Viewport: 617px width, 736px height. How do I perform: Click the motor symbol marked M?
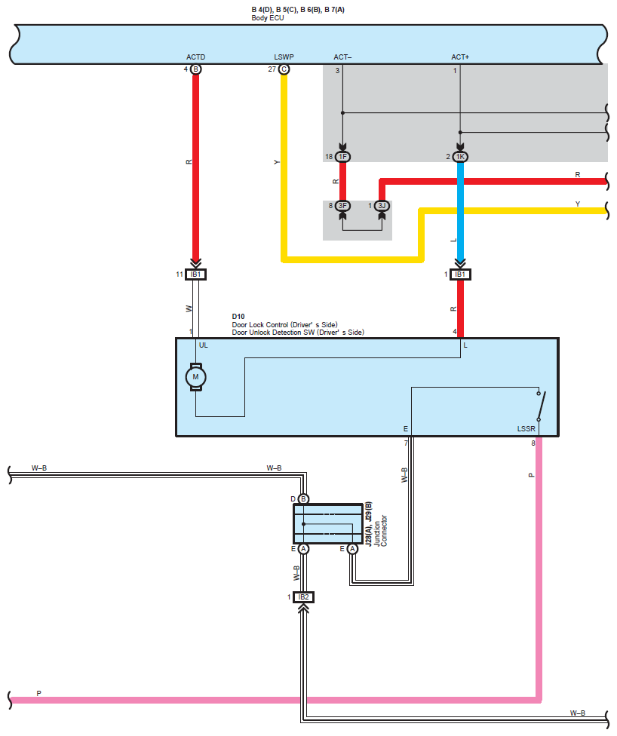196,377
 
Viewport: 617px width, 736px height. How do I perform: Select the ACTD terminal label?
196,57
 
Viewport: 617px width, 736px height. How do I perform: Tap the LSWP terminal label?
284,57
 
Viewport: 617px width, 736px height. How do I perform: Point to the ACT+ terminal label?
460,57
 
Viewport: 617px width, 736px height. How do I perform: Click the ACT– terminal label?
342,57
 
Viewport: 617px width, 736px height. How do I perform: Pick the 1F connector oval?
342,157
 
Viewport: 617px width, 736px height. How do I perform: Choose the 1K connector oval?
460,157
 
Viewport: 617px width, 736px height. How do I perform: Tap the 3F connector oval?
342,206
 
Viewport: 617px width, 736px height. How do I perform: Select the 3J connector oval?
382,206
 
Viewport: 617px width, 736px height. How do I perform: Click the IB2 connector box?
303,597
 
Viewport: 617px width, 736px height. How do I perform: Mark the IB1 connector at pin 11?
196,274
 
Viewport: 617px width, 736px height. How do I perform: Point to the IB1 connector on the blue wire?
460,274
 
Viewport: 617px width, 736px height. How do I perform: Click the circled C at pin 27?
284,69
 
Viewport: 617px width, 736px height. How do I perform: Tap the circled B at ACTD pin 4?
196,69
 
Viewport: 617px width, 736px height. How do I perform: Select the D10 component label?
238,317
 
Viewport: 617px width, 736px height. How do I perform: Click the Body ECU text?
268,18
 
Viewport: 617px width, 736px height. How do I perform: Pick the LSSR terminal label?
526,428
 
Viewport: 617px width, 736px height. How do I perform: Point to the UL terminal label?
204,345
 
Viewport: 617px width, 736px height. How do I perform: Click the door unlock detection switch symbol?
541,406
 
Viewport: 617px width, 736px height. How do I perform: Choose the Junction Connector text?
380,531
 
